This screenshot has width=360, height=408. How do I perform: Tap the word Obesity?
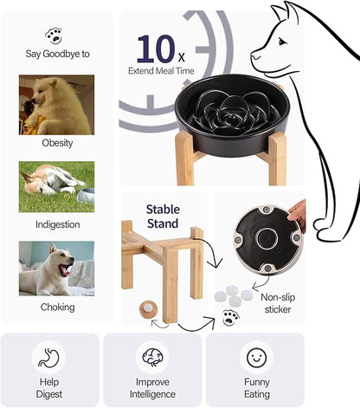(57, 143)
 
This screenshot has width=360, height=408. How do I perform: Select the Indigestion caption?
(57, 223)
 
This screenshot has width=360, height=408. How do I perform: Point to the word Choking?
(57, 307)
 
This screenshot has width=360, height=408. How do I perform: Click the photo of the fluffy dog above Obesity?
(56, 104)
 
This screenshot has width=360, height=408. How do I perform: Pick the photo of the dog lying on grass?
(56, 186)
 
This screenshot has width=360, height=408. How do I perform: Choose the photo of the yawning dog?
(56, 269)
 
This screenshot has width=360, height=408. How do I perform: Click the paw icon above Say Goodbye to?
(57, 35)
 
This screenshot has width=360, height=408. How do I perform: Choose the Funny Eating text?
(255, 388)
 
